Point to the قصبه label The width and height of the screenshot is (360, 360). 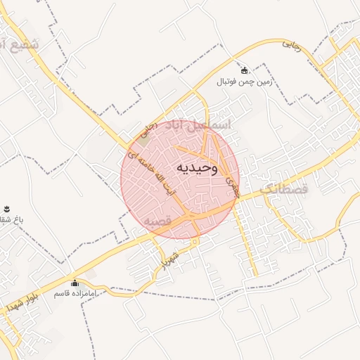point(159,221)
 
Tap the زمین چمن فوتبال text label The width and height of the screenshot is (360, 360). point(244,82)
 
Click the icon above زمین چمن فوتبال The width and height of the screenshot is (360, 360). point(244,70)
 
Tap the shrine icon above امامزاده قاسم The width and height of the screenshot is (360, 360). point(75,283)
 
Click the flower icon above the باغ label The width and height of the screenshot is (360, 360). point(6,208)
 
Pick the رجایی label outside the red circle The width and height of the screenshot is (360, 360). point(290,44)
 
